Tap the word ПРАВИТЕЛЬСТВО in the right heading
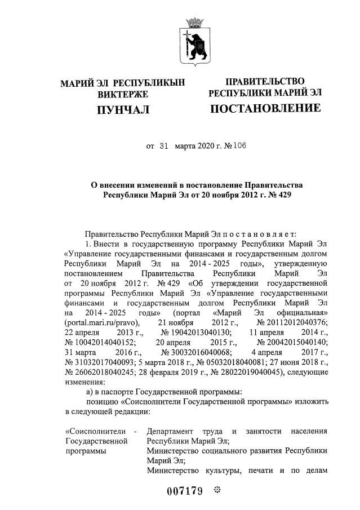(265, 82)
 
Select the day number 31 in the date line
(165, 145)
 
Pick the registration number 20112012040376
(296, 322)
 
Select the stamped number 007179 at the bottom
(184, 490)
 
